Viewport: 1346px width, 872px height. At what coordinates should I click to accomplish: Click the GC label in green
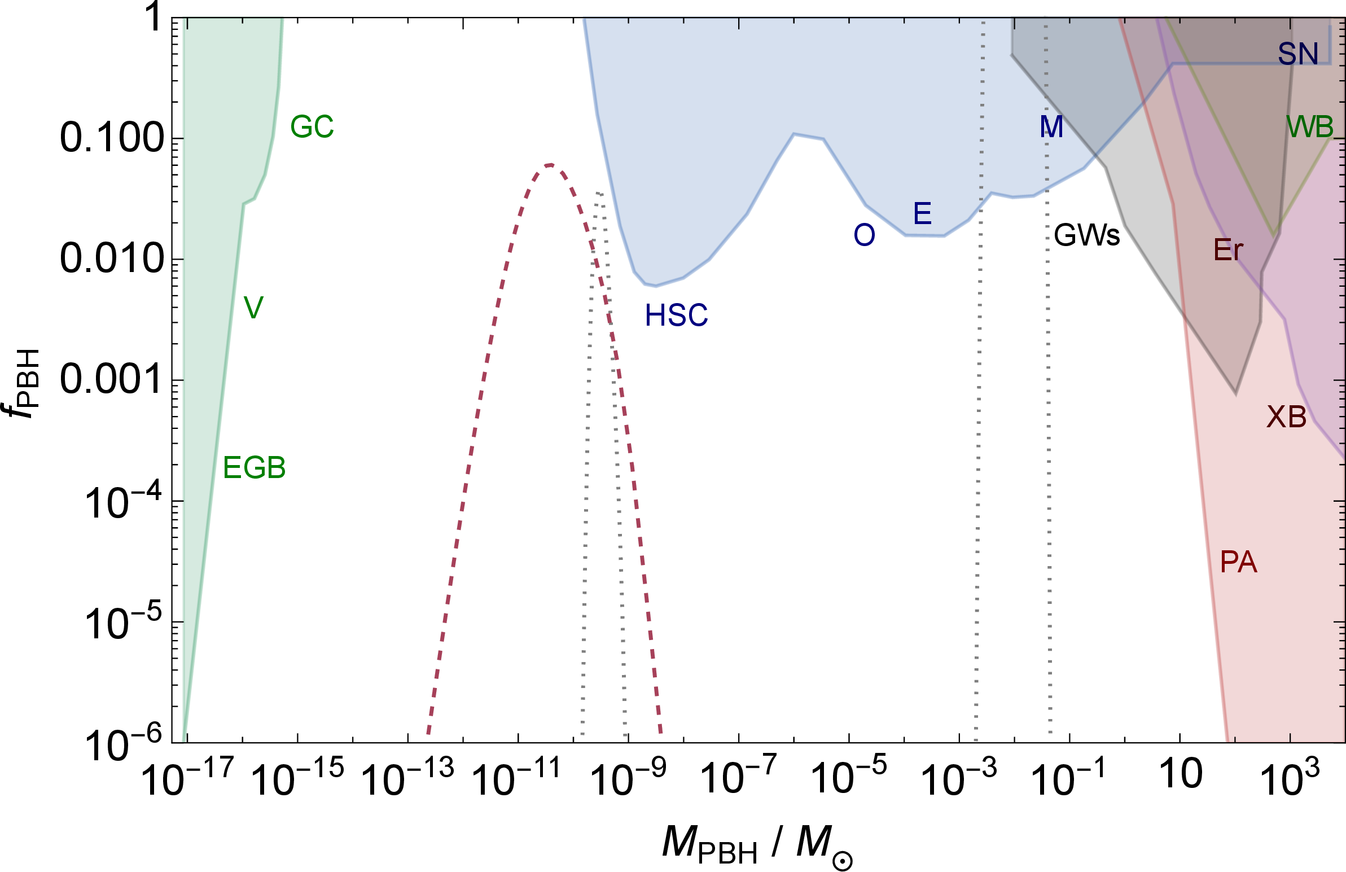click(312, 126)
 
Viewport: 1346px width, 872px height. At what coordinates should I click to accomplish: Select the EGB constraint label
click(255, 468)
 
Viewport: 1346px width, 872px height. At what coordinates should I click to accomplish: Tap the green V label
click(253, 308)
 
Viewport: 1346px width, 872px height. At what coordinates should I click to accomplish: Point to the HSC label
click(677, 316)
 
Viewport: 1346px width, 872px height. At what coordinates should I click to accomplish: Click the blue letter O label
click(864, 235)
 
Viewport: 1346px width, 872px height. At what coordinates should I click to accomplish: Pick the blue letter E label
click(922, 213)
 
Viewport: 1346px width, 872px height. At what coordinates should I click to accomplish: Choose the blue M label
click(1051, 127)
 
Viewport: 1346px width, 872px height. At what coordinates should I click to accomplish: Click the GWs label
click(1087, 235)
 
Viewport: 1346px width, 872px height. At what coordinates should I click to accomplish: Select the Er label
click(1229, 249)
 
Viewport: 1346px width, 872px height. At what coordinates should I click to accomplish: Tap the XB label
click(1287, 417)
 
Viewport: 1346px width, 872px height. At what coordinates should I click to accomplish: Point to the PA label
click(1239, 562)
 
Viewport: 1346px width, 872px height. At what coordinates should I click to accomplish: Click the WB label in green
click(1310, 127)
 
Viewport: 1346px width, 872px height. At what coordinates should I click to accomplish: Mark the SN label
click(1299, 54)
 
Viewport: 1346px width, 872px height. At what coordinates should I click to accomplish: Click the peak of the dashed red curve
click(550, 165)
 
